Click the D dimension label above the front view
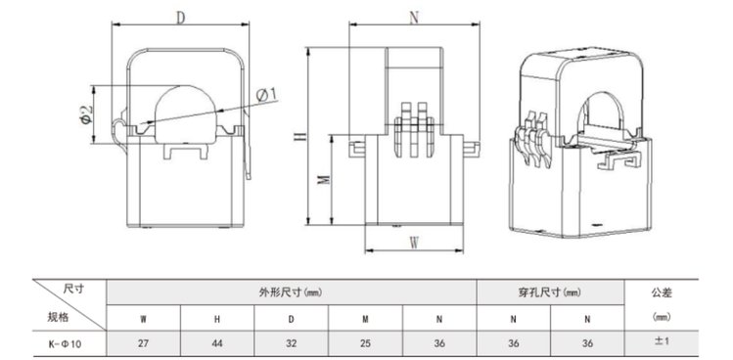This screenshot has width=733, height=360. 181,18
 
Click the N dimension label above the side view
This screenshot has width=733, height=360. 414,18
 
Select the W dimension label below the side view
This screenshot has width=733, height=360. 414,243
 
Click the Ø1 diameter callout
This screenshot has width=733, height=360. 266,95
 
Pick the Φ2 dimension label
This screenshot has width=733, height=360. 86,115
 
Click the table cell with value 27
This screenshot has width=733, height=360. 144,343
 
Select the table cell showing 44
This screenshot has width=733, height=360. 217,343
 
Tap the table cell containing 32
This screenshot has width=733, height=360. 292,343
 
